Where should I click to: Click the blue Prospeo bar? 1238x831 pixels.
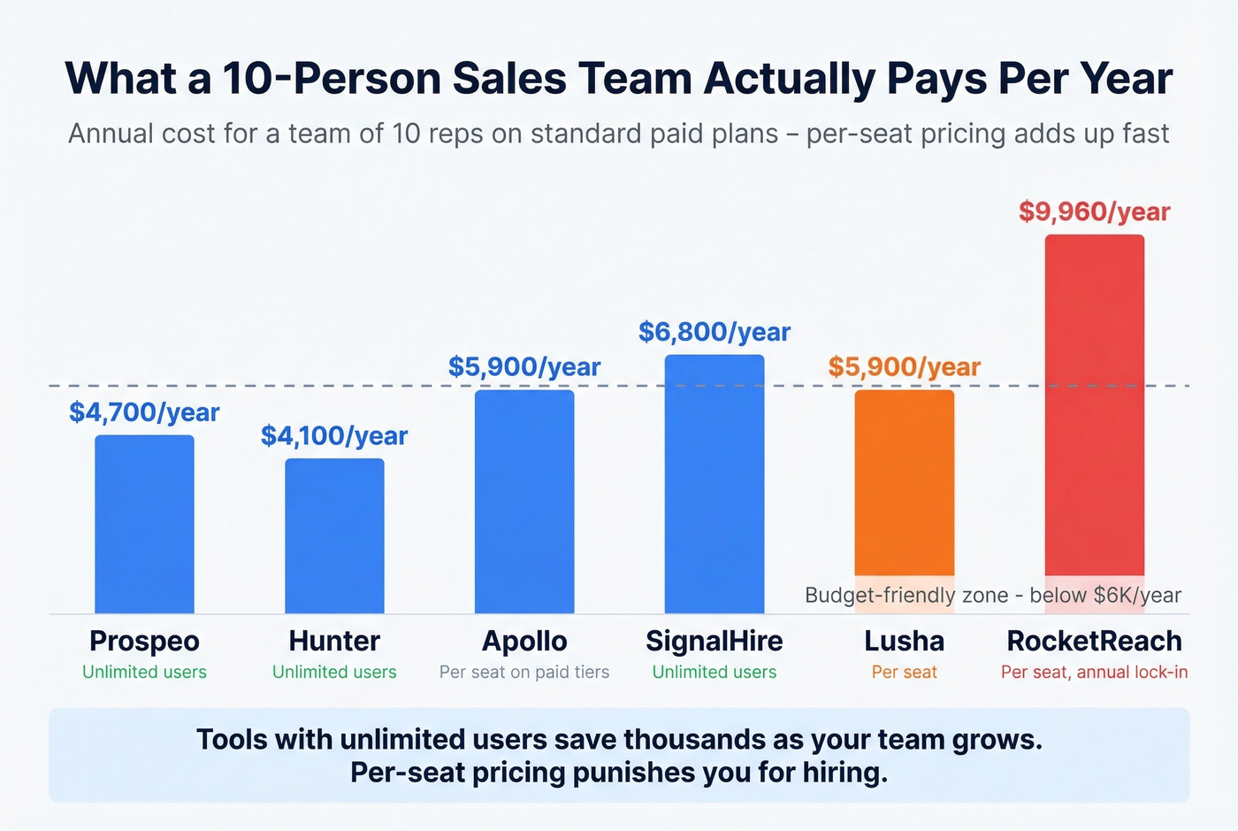pos(144,524)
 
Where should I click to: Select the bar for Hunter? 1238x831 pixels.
pos(334,535)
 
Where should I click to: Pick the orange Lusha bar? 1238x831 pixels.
pos(904,482)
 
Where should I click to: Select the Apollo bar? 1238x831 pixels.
pos(524,501)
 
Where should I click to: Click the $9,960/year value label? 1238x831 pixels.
pos(1094,212)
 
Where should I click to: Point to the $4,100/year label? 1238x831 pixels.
pos(334,435)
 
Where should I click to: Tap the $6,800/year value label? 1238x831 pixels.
pos(714,332)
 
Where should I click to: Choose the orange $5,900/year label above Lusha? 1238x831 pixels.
pos(904,366)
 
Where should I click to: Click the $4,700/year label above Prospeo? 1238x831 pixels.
pos(144,412)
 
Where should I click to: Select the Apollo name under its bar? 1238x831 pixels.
pos(524,641)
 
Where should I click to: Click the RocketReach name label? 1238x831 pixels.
pos(1094,641)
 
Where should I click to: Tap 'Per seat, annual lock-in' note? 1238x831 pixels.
pos(1094,673)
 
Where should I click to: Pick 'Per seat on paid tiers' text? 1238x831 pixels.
pos(524,673)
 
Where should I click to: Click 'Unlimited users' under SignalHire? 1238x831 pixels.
pos(714,673)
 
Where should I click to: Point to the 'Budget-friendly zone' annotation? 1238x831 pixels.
pos(992,595)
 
